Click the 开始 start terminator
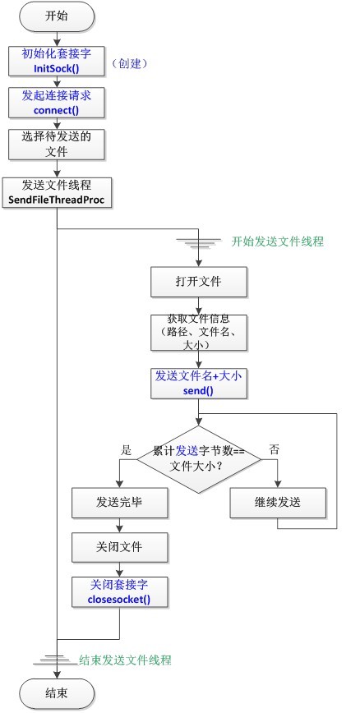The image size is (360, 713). [57, 16]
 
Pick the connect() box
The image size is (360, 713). [57, 103]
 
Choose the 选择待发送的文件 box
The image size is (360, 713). [57, 144]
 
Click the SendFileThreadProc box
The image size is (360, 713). [57, 194]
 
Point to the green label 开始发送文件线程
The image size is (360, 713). [278, 241]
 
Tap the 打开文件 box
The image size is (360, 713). [198, 283]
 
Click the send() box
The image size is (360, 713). [198, 384]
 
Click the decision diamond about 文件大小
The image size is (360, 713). [197, 459]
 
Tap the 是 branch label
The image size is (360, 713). [127, 450]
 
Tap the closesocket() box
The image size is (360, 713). [121, 592]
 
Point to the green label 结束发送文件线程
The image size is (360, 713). [126, 660]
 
